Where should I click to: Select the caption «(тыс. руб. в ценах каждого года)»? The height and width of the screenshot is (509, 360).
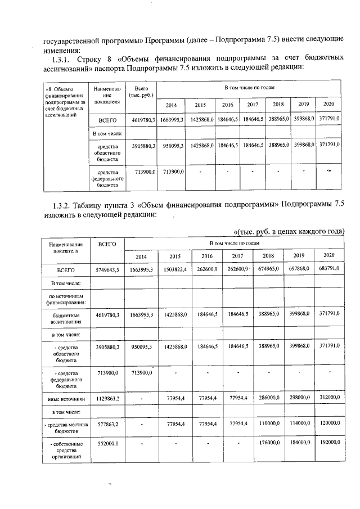click(288, 231)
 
